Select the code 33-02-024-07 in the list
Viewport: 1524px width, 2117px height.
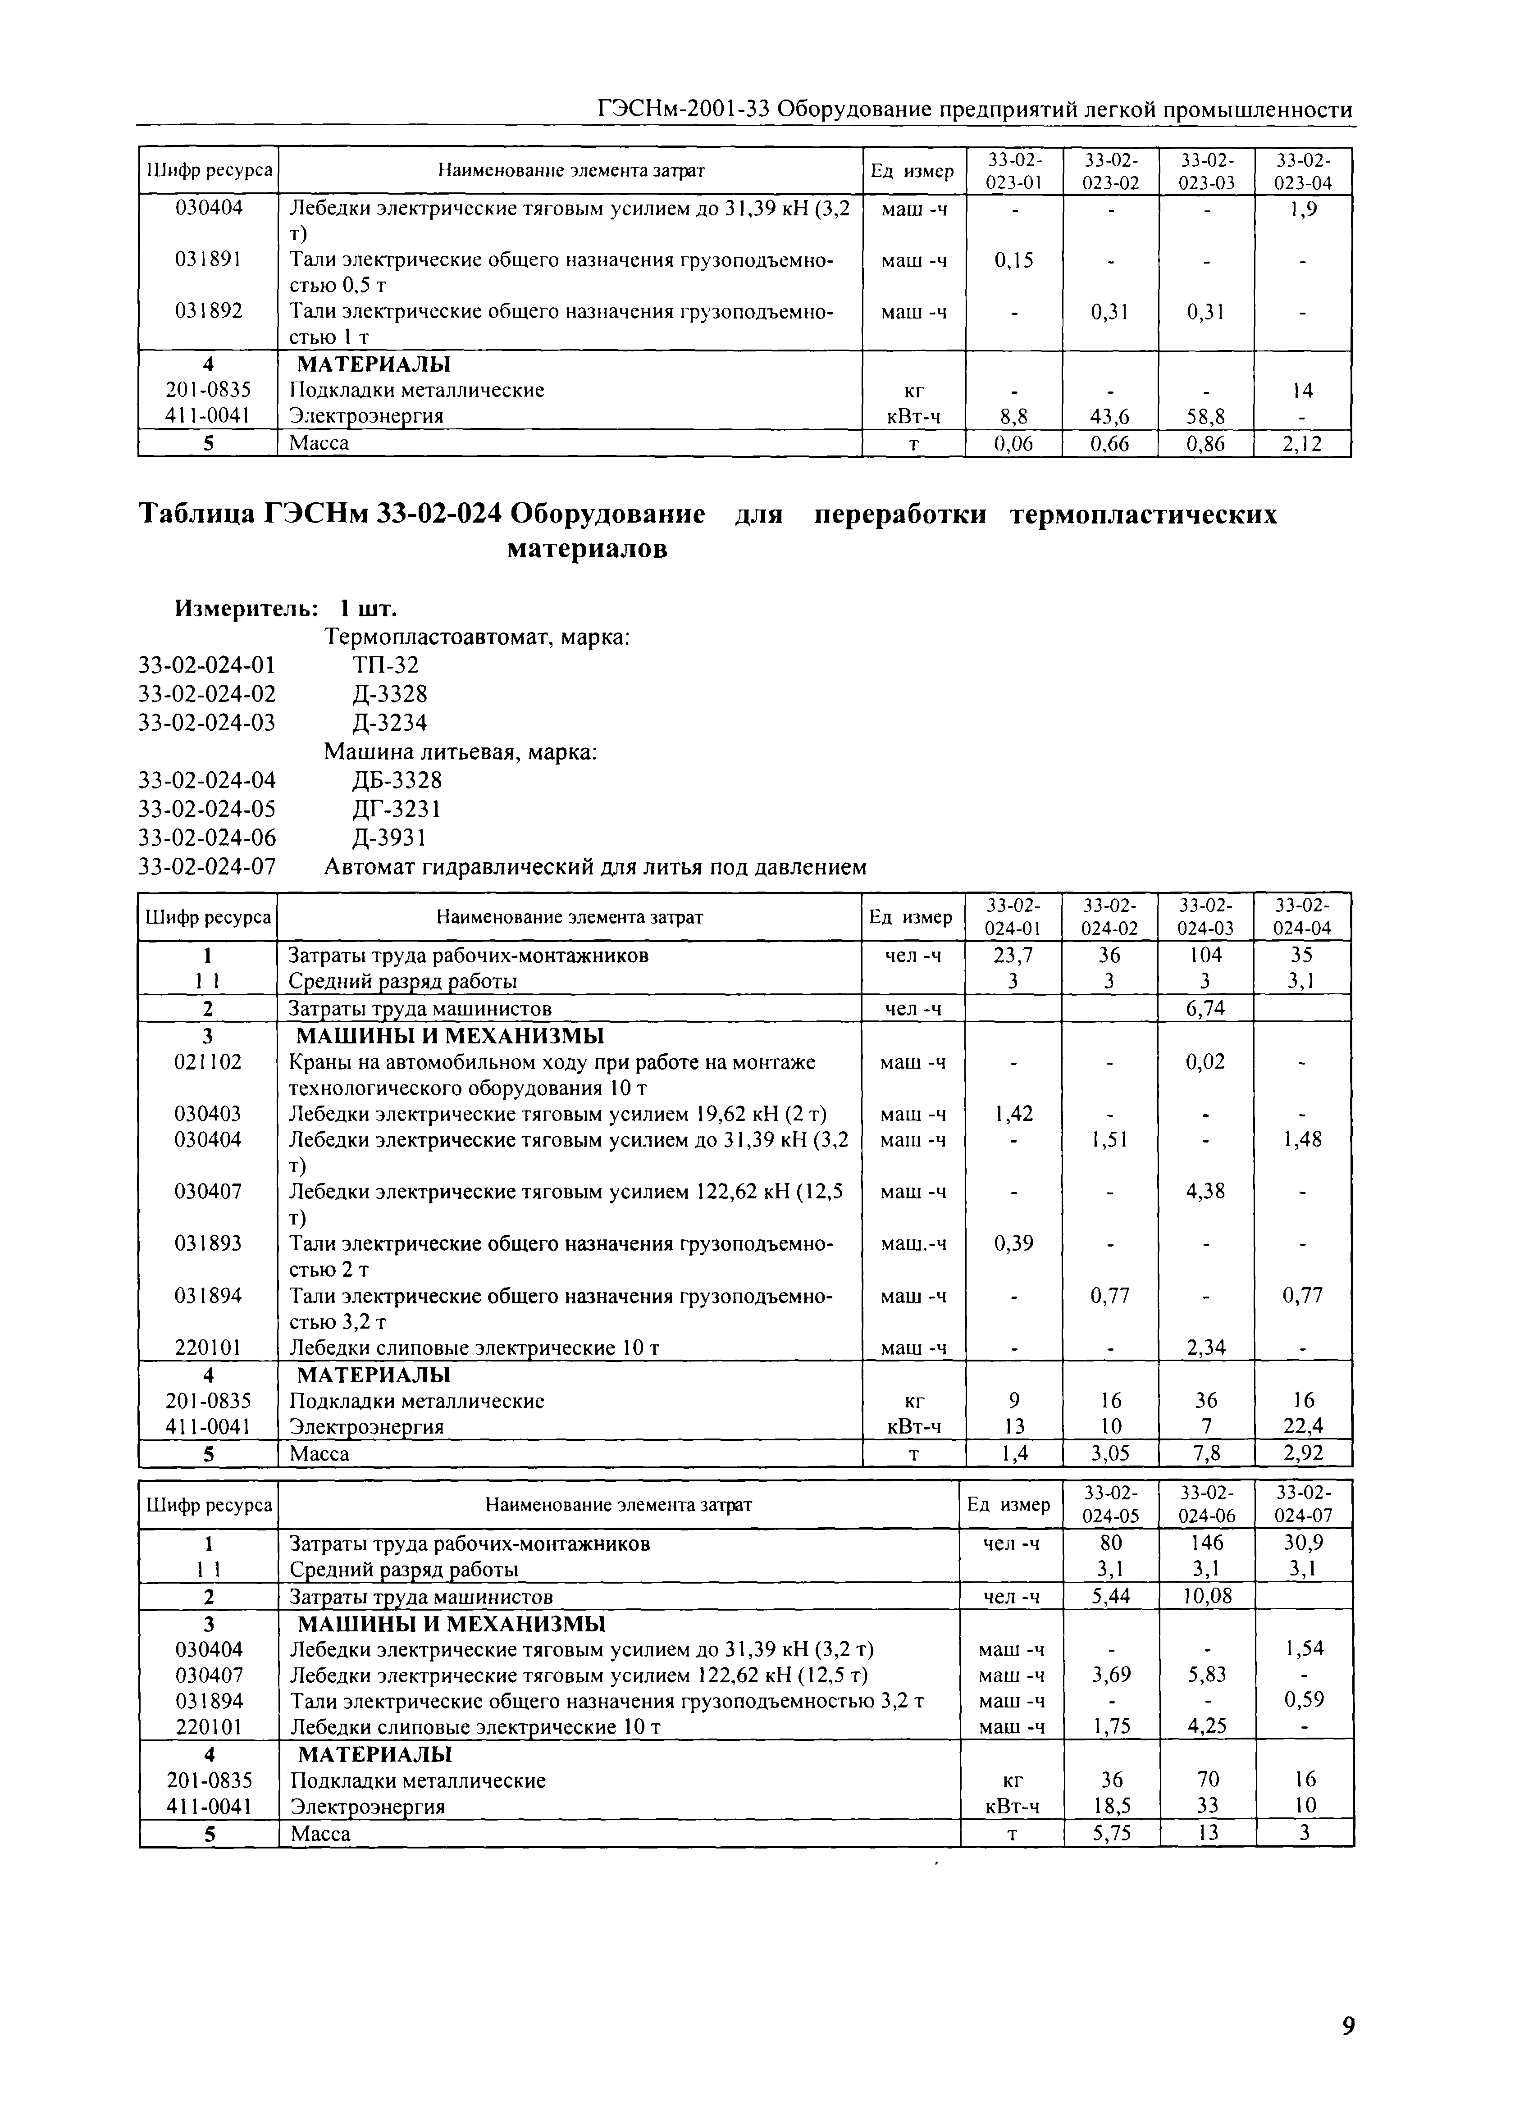click(x=207, y=867)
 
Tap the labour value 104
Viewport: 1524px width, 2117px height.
click(x=1205, y=955)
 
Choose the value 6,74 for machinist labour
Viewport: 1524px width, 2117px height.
click(x=1205, y=1008)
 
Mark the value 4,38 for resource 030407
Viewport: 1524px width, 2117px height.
click(x=1205, y=1191)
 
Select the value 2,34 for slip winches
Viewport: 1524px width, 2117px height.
click(x=1205, y=1347)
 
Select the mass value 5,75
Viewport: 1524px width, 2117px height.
click(x=1111, y=1833)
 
